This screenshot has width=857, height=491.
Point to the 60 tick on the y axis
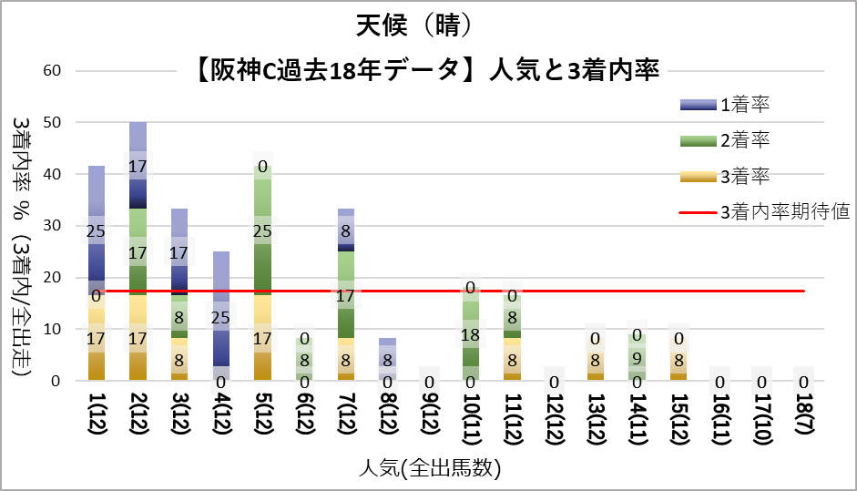tap(52, 71)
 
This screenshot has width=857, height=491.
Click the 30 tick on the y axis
tap(52, 226)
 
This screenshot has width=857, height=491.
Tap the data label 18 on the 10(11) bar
tap(471, 333)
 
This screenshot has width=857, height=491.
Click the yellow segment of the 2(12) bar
tap(138, 337)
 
